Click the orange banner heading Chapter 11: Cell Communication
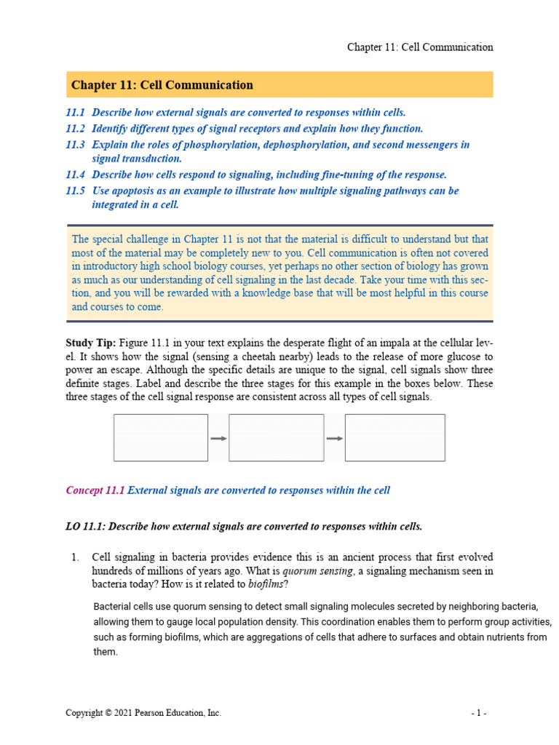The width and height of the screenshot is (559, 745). [x=162, y=85]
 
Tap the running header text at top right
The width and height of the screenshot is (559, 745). [x=419, y=47]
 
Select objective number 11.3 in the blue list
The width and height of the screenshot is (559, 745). [x=75, y=145]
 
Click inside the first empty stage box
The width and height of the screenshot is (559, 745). [x=161, y=438]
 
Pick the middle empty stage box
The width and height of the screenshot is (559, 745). [x=276, y=438]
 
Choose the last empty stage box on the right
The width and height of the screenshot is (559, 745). [x=395, y=438]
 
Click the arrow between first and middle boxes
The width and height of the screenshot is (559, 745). [x=218, y=439]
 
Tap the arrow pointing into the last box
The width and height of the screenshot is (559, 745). [x=335, y=439]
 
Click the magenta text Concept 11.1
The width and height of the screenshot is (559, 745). [x=95, y=490]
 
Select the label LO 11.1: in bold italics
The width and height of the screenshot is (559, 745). [x=85, y=526]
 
